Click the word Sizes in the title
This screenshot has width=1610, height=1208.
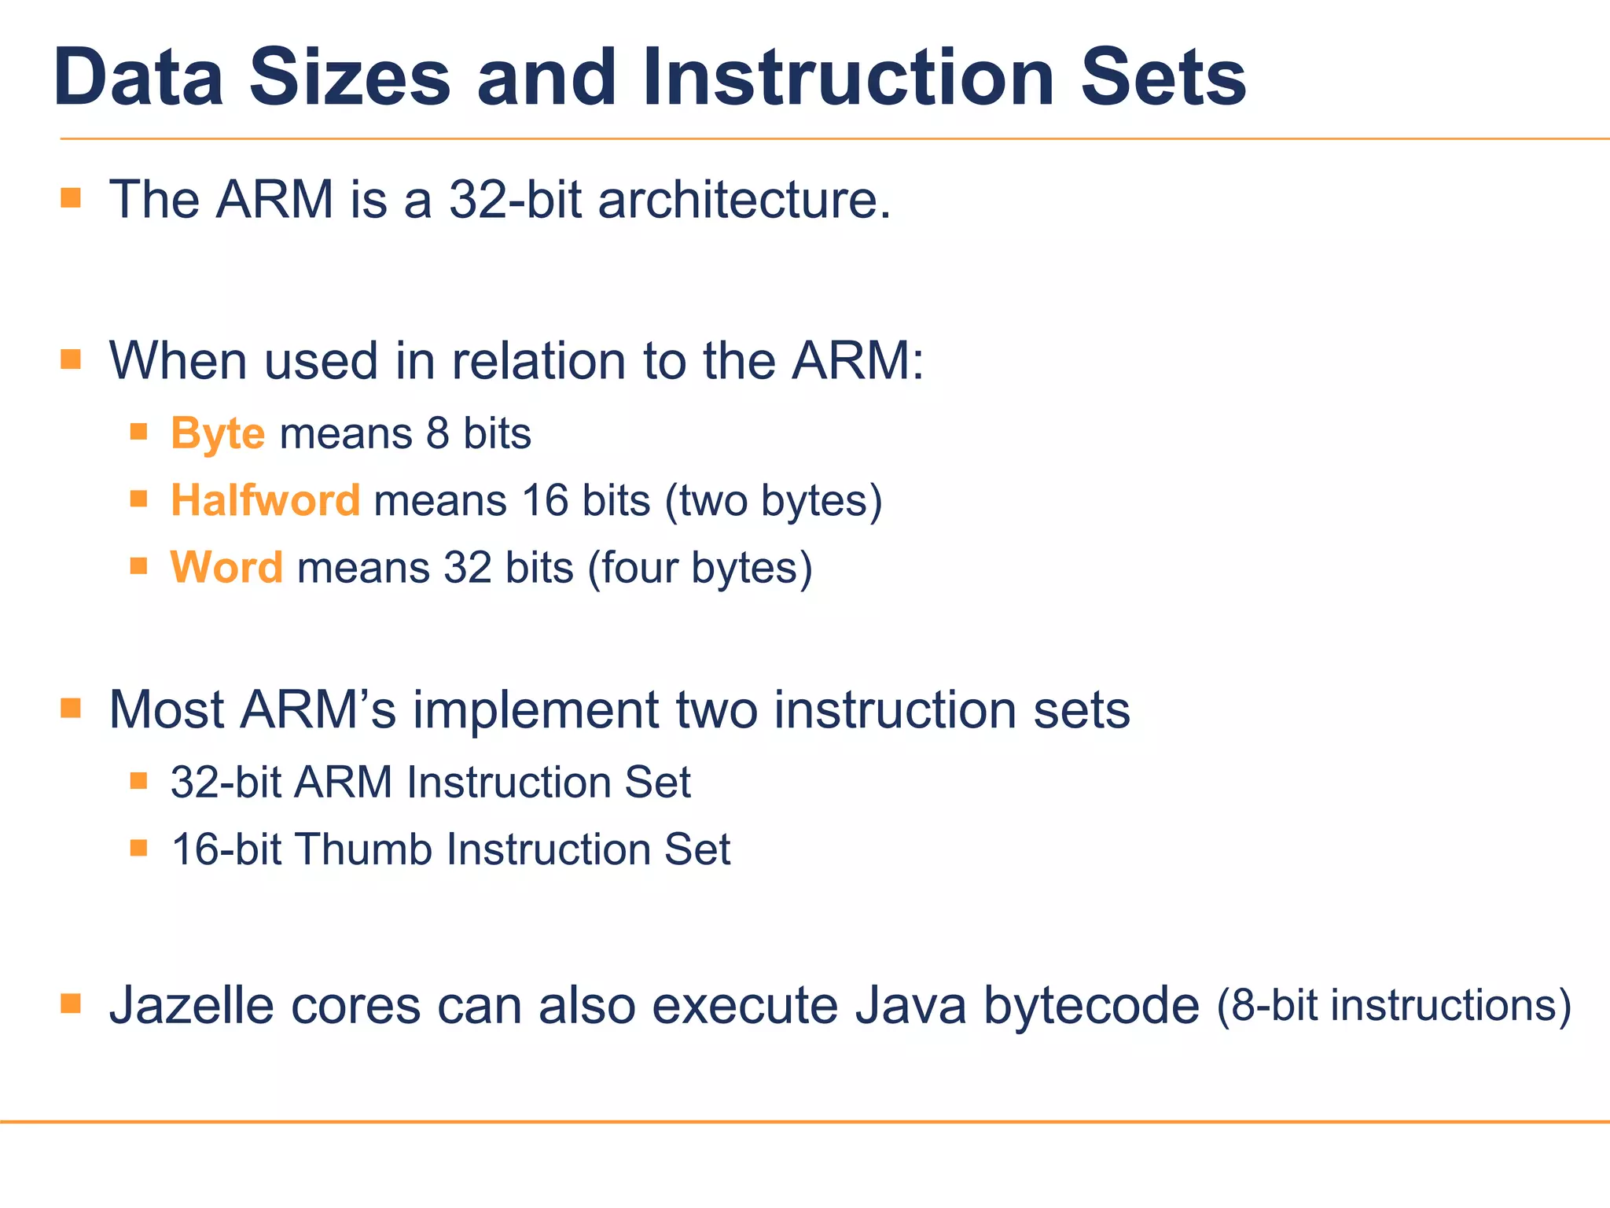click(350, 79)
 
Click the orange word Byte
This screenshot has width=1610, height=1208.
click(218, 434)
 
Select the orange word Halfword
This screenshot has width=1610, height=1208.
click(265, 501)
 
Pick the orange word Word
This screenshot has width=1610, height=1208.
click(226, 568)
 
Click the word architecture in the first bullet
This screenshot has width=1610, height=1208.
click(744, 200)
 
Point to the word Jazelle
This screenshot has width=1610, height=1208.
click(192, 1006)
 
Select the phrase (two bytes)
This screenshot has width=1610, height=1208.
click(774, 502)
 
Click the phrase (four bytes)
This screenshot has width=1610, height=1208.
click(700, 569)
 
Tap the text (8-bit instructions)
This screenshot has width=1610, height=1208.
click(1394, 1006)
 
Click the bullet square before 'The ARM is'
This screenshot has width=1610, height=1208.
click(71, 197)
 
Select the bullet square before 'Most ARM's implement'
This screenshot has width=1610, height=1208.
click(71, 708)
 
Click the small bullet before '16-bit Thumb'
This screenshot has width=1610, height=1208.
click(139, 848)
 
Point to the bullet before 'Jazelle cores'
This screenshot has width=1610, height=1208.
click(71, 1004)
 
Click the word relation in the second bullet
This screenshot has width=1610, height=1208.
click(539, 361)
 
